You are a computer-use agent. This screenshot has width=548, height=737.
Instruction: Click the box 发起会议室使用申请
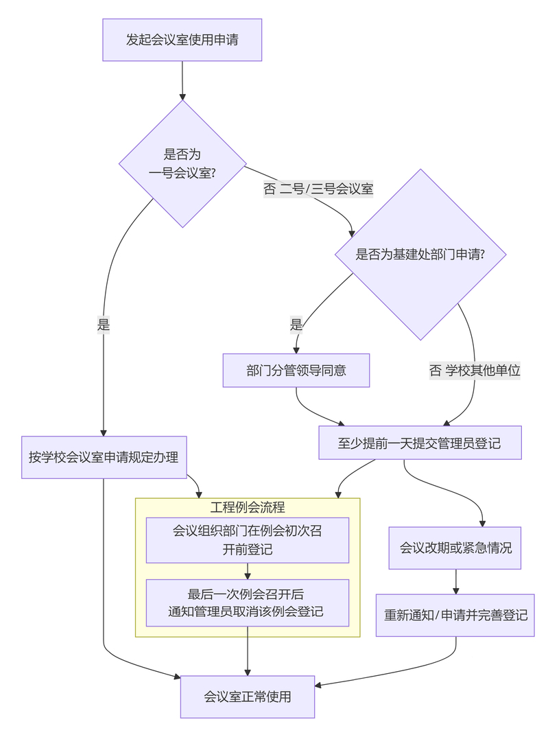(x=182, y=40)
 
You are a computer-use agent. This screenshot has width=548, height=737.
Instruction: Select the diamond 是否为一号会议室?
(x=182, y=163)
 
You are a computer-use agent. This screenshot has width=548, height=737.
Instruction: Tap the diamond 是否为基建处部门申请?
(x=420, y=255)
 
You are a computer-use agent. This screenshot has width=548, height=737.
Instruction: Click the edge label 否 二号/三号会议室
(x=318, y=189)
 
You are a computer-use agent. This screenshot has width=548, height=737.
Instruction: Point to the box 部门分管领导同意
(x=296, y=371)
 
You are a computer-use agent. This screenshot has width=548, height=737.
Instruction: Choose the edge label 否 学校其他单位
(x=475, y=371)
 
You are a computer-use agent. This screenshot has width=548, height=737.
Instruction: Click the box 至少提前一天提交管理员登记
(x=420, y=443)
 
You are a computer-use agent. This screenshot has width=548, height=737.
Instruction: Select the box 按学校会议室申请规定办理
(x=104, y=456)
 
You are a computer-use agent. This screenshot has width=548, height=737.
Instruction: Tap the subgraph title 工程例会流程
(x=248, y=508)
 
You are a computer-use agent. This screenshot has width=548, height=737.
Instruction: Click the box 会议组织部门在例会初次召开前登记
(x=248, y=540)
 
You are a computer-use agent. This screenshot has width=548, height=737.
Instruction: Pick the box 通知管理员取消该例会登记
(x=248, y=603)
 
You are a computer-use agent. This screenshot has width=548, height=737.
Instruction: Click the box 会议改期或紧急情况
(x=455, y=548)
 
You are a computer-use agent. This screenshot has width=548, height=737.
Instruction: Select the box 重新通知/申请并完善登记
(x=455, y=615)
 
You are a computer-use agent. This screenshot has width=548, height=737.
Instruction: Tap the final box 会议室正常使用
(x=248, y=697)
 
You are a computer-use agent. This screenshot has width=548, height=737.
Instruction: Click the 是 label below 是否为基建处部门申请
(x=296, y=325)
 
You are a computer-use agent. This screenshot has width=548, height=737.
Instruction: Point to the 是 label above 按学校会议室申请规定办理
(x=104, y=325)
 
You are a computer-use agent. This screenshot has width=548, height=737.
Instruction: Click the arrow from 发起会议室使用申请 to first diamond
(x=182, y=80)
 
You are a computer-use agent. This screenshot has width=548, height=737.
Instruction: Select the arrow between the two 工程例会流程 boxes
(x=248, y=571)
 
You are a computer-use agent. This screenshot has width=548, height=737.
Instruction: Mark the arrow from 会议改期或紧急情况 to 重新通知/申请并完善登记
(x=455, y=581)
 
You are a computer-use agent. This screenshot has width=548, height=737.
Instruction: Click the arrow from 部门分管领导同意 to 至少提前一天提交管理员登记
(x=315, y=411)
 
